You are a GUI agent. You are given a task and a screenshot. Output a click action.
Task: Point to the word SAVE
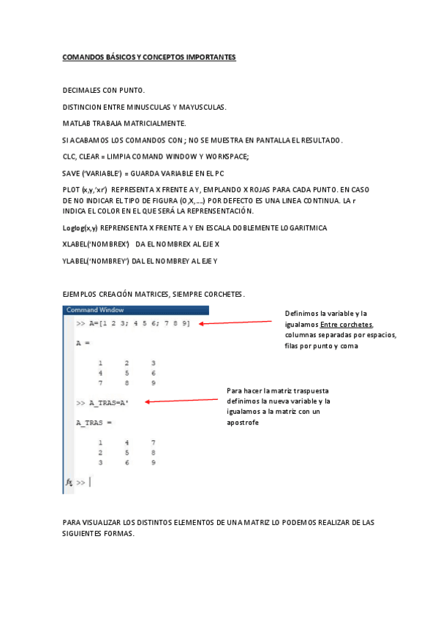pos(71,173)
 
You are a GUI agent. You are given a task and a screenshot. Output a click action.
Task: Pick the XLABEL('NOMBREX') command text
pos(97,244)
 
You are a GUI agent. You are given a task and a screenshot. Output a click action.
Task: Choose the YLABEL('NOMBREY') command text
pos(96,260)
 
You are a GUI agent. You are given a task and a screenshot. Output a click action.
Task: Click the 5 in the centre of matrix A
pos(127,372)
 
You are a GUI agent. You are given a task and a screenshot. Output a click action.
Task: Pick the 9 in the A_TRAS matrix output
pos(153,463)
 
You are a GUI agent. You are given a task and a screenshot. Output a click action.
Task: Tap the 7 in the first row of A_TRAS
pos(153,442)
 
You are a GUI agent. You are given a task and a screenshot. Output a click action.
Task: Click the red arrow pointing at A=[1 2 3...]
pos(235,322)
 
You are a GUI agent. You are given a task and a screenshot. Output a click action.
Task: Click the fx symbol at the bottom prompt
pos(69,483)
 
